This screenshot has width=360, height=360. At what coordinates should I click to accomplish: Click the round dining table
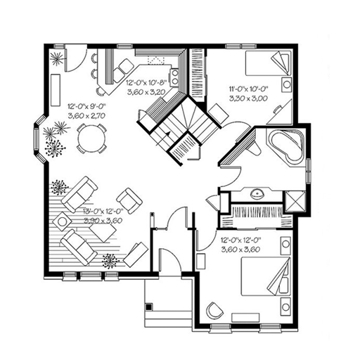tap(89, 138)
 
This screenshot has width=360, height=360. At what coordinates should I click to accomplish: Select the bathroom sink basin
tap(257, 192)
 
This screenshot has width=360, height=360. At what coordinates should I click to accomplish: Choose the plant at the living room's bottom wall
tap(110, 262)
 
